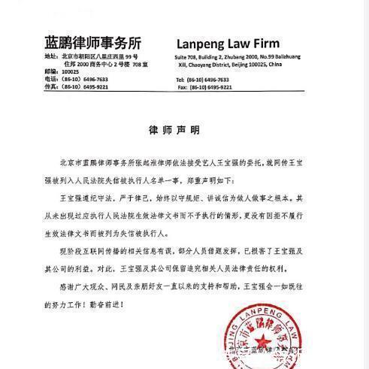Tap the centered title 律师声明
[183, 129]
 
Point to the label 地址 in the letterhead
[50, 56]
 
